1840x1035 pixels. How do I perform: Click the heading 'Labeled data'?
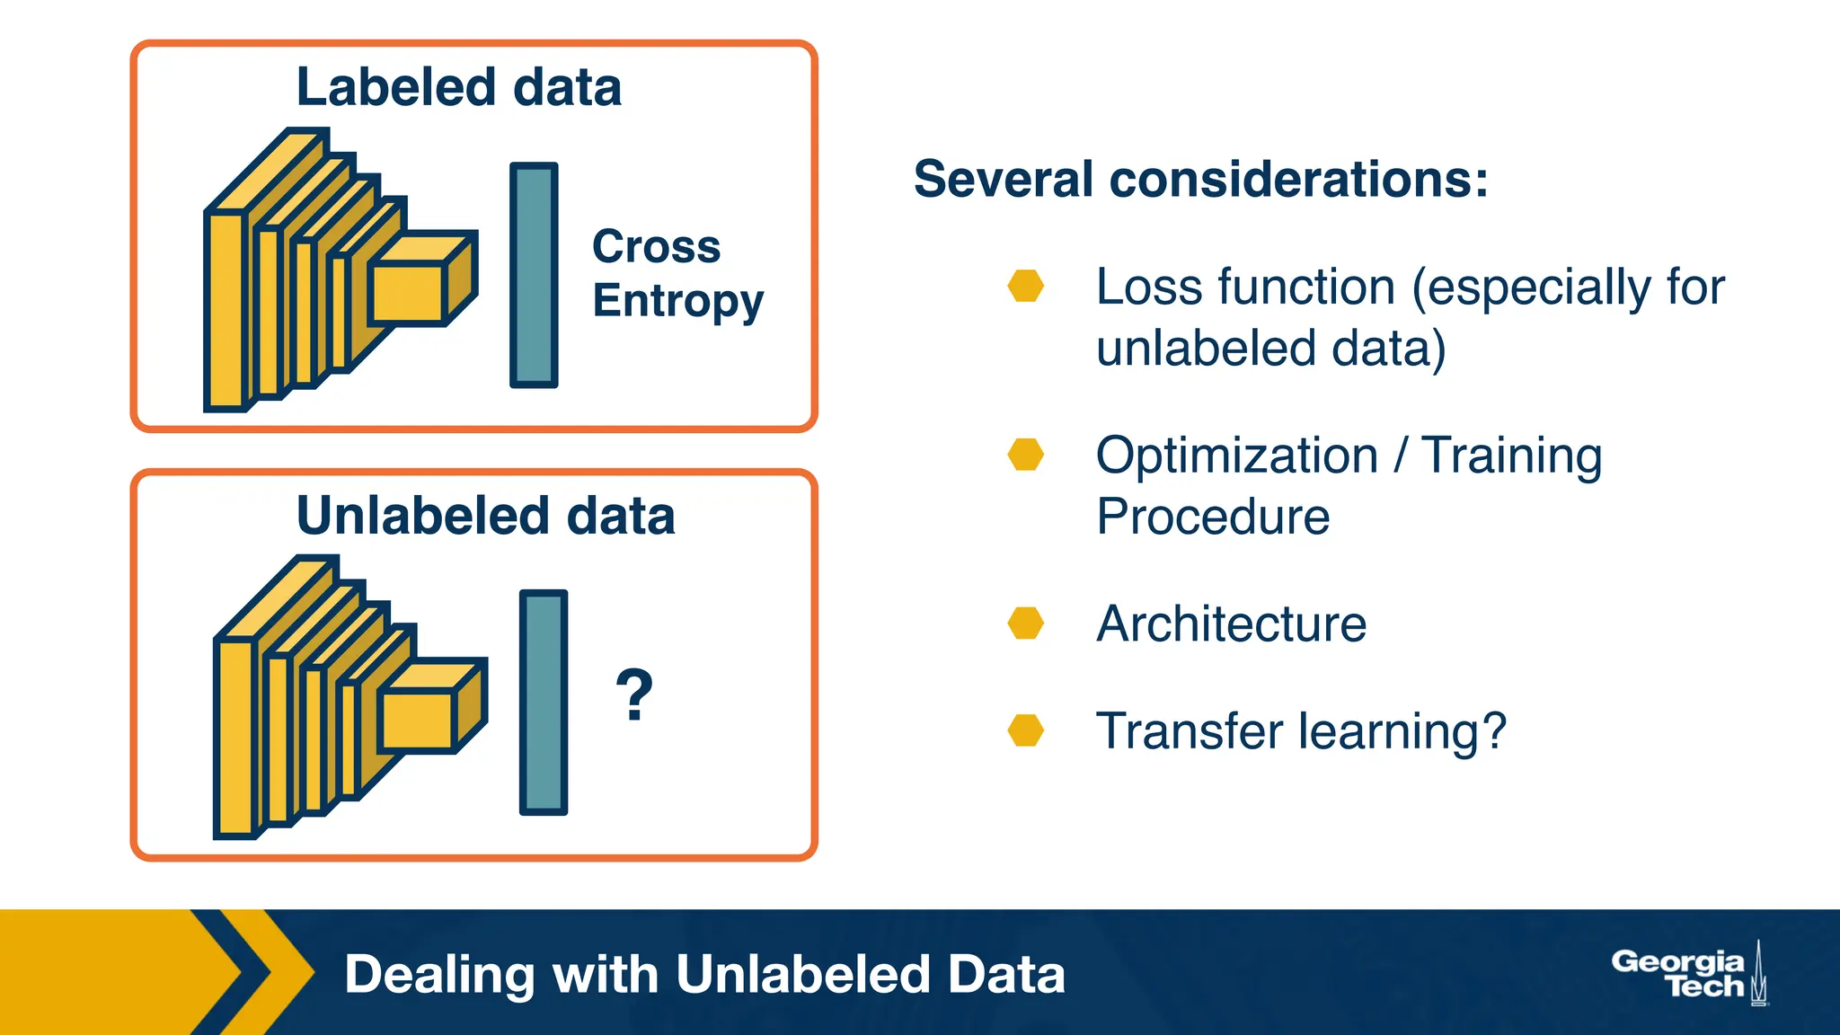(x=458, y=87)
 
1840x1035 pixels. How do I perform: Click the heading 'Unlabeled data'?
(x=485, y=516)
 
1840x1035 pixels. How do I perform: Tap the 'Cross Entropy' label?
(x=677, y=272)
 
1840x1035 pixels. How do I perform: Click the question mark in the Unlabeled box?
(x=634, y=694)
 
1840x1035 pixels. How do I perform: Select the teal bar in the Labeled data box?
(x=534, y=275)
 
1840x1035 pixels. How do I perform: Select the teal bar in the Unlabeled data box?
(x=544, y=703)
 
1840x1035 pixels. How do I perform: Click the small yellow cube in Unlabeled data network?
(x=418, y=721)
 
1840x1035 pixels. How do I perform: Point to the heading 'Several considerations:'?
(x=1200, y=179)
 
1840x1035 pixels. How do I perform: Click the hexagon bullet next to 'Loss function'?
(x=1025, y=286)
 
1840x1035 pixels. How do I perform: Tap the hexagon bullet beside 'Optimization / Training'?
(x=1025, y=455)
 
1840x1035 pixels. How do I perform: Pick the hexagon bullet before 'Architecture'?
(x=1025, y=623)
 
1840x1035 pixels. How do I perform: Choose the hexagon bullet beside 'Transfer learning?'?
(x=1025, y=730)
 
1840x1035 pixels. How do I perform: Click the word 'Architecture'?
(x=1231, y=624)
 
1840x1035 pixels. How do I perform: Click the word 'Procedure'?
(x=1212, y=517)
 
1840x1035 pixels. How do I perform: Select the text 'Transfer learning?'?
(x=1300, y=730)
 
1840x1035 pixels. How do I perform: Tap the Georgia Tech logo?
(x=1687, y=974)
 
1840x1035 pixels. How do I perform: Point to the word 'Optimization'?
(x=1236, y=456)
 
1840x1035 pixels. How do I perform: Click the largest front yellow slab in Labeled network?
(x=226, y=311)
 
